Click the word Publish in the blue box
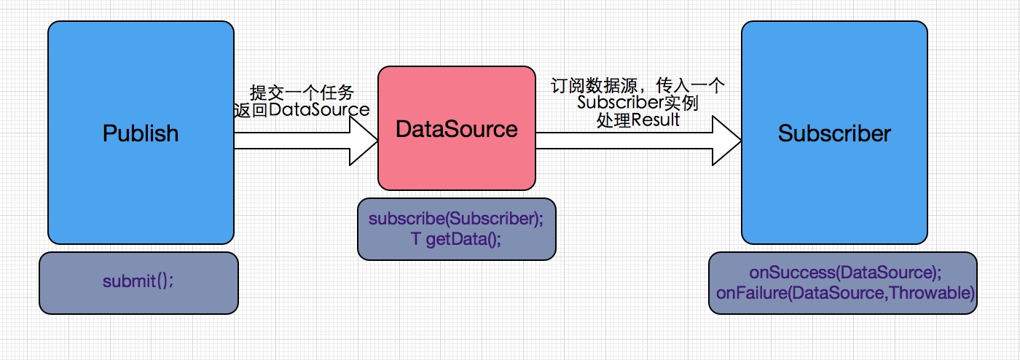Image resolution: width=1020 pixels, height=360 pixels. click(141, 133)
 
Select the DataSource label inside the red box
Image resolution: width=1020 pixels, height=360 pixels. click(457, 129)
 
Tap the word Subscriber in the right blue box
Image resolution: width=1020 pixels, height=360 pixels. click(834, 133)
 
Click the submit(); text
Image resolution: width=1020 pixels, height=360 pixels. click(138, 283)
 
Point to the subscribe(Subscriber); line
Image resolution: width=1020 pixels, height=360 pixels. click(457, 219)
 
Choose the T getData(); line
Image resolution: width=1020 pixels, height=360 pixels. click(457, 238)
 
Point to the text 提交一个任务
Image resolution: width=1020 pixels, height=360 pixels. click(301, 93)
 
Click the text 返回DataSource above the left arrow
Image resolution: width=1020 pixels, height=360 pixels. click(301, 110)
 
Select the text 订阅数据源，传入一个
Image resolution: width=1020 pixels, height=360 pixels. click(637, 86)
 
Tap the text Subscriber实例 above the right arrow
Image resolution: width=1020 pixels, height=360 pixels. click(637, 103)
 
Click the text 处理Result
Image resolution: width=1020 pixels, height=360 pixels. click(637, 120)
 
